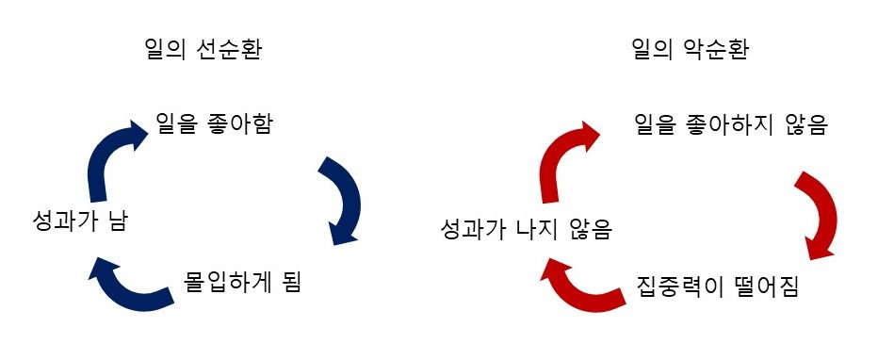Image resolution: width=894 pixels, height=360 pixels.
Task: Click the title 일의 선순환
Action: click(x=199, y=50)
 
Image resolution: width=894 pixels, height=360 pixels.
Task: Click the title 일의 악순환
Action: click(x=691, y=50)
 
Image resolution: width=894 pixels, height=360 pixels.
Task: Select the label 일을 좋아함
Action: click(x=214, y=123)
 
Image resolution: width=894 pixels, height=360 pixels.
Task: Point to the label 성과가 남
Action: click(x=78, y=223)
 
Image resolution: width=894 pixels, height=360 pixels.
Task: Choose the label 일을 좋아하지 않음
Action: click(x=730, y=124)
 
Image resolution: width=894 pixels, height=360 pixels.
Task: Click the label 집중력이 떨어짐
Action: click(x=718, y=286)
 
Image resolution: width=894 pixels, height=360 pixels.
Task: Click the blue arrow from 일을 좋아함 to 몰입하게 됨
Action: click(x=342, y=201)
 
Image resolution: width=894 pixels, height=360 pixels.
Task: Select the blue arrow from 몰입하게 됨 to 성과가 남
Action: click(x=132, y=285)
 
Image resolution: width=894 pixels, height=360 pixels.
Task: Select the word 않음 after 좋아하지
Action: click(x=805, y=124)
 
